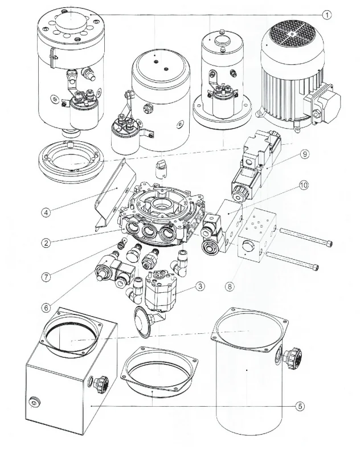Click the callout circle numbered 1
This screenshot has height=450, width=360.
coord(326,15)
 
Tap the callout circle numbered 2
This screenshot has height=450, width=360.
coord(46,243)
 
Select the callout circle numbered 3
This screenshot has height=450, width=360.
coord(200,286)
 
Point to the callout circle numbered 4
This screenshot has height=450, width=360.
coord(46,212)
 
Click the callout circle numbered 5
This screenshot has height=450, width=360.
coord(300,406)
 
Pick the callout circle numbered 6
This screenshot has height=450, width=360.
coord(46,308)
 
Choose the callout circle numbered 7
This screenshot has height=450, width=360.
coord(46,277)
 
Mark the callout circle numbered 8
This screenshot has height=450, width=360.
coord(230,286)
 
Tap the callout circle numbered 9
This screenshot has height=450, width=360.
coord(305,154)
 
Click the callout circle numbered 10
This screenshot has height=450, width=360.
coord(304,185)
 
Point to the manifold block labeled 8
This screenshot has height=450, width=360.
coord(257,235)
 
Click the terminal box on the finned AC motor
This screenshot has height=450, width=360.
coord(321,103)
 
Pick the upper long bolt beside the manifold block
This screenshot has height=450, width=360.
coord(305,236)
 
